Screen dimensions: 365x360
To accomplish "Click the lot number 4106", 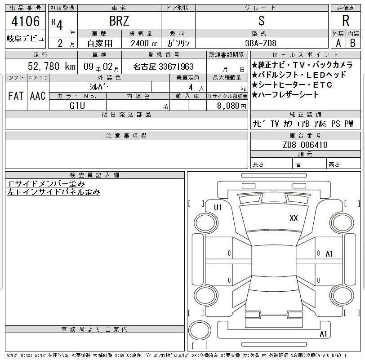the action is (x=26, y=21).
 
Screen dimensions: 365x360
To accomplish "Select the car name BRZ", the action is (x=119, y=21).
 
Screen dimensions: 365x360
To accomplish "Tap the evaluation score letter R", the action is (x=346, y=21).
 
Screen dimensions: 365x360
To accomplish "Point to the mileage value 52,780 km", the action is (x=52, y=67).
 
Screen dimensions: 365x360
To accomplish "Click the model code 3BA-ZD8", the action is (x=260, y=43).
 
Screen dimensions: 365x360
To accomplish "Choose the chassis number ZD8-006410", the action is (x=305, y=145).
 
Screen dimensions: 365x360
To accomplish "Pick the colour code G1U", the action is (x=77, y=106).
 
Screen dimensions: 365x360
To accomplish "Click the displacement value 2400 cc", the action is (x=144, y=43).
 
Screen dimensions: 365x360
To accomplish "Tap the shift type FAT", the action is (x=16, y=96).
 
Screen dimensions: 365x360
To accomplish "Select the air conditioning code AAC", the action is (x=38, y=96).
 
